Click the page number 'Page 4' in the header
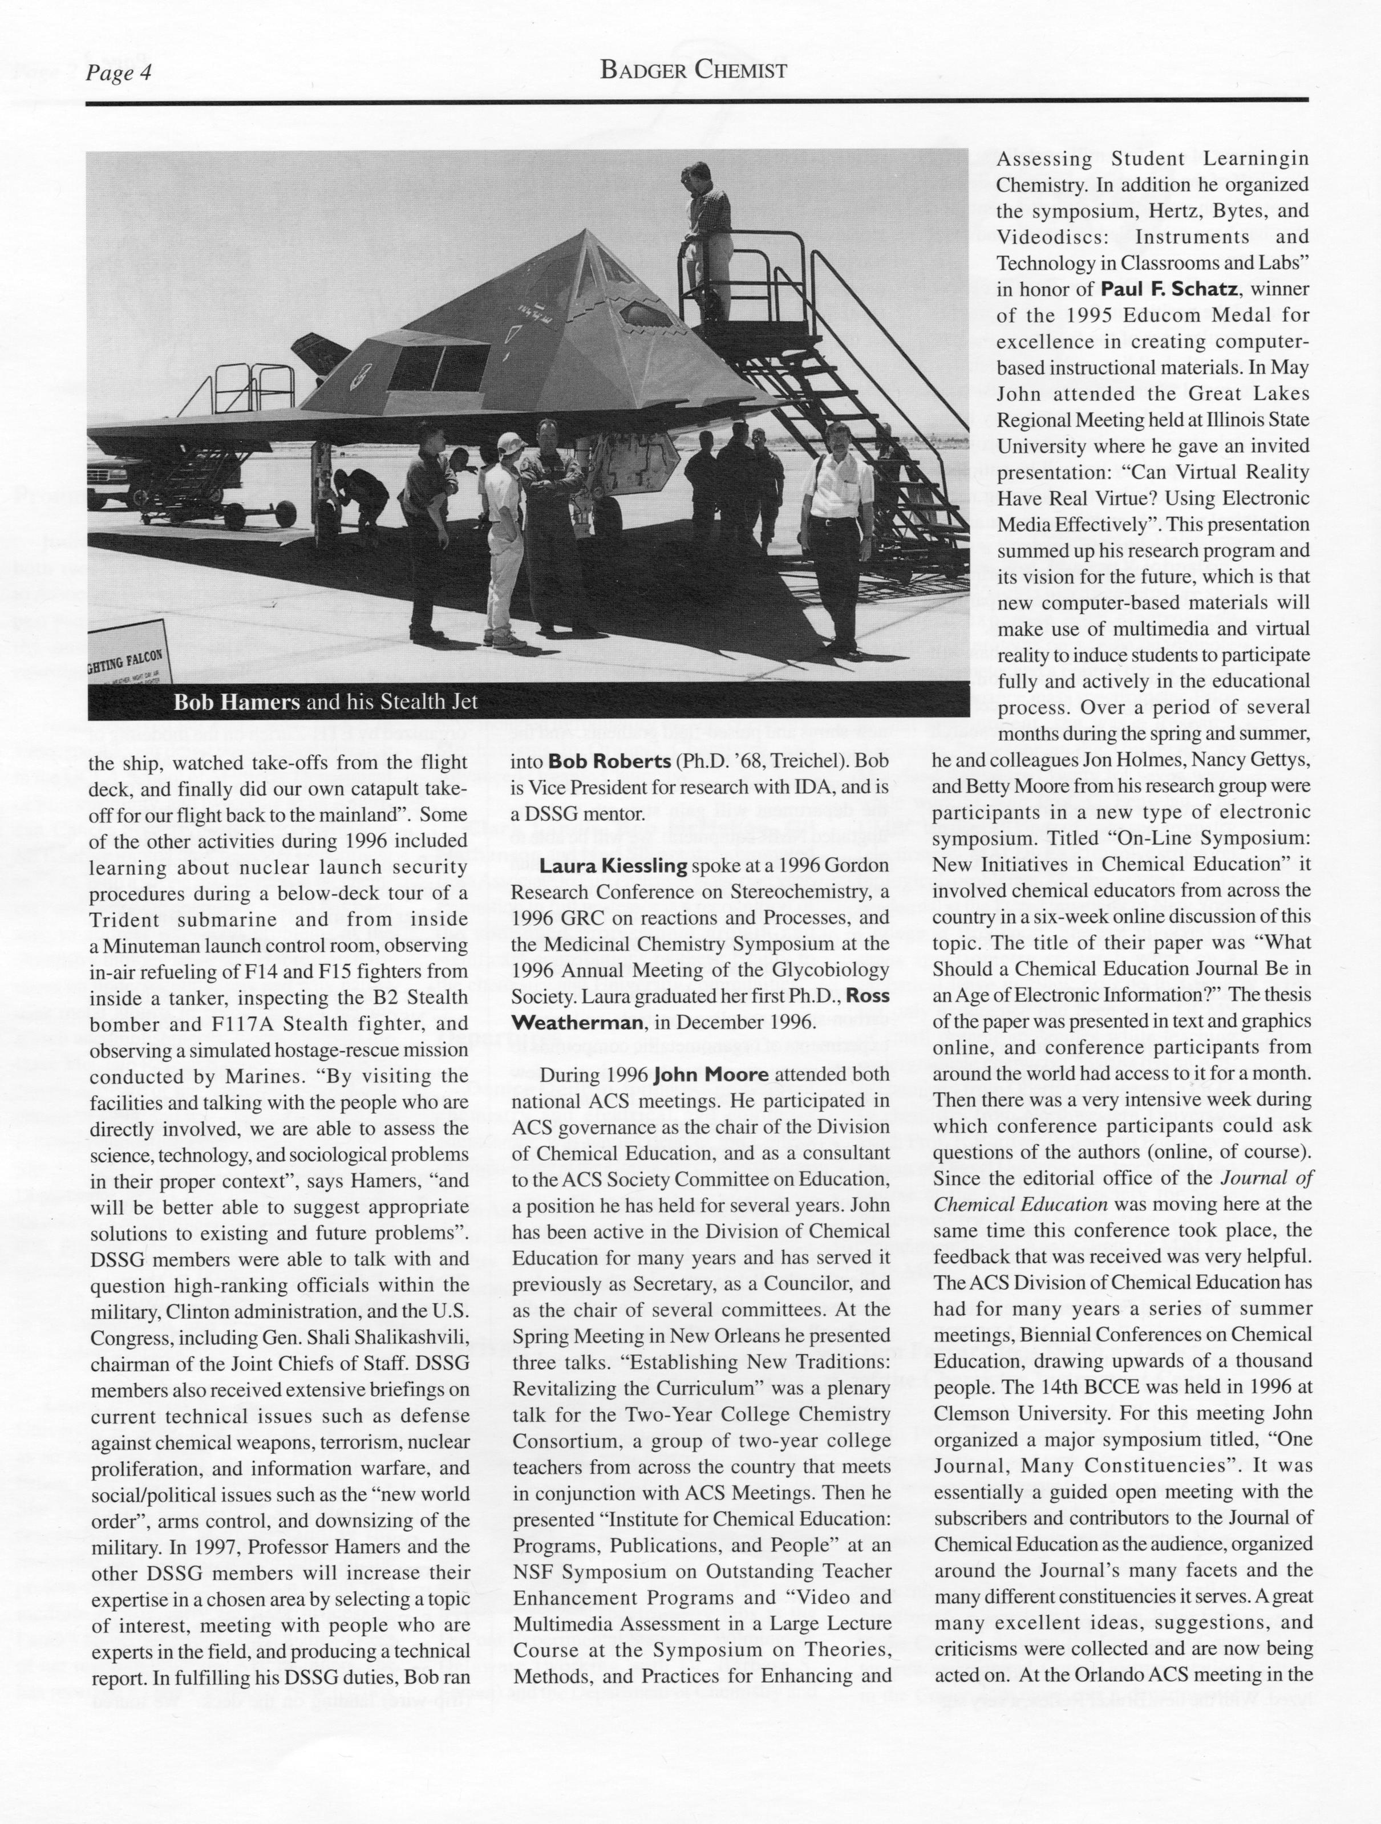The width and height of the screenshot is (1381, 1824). pos(120,74)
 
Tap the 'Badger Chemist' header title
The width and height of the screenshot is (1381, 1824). pos(694,71)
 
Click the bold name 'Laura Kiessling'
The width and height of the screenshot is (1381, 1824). pos(613,866)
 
